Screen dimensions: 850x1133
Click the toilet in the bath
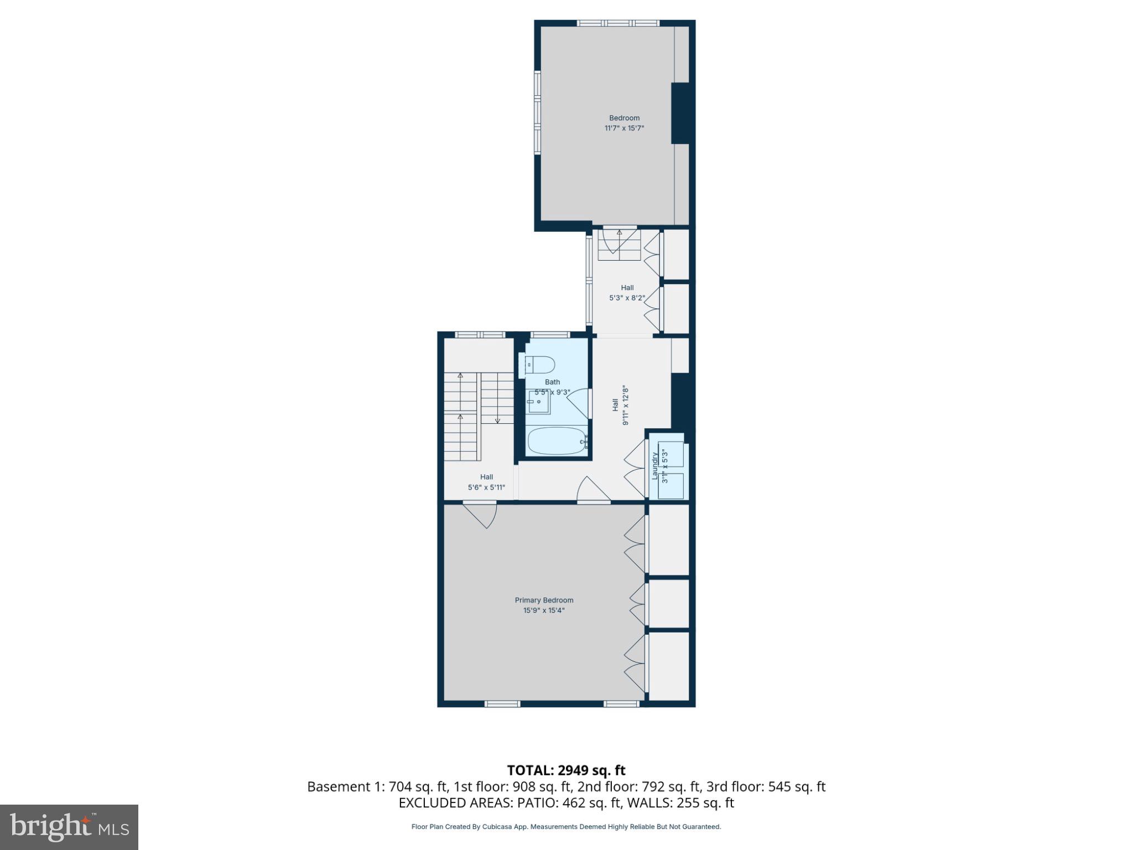coord(540,365)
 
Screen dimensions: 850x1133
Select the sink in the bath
coord(538,401)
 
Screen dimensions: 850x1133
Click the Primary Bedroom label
coord(544,600)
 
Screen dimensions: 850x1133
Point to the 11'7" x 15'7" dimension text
coord(624,128)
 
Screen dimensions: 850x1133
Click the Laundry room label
coord(655,466)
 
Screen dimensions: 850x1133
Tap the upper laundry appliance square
coord(671,454)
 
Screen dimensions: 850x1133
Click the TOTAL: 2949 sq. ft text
coord(566,770)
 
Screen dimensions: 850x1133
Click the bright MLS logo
coord(69,827)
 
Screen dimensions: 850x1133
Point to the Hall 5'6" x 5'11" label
coord(486,482)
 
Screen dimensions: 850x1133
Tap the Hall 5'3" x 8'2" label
coord(627,293)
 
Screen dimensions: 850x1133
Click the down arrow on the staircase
coord(497,421)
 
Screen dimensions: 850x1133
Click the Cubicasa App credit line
coord(566,827)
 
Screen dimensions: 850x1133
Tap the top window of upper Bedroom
coord(618,23)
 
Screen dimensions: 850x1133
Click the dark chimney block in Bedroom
coord(681,113)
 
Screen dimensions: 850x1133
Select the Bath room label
coord(552,382)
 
